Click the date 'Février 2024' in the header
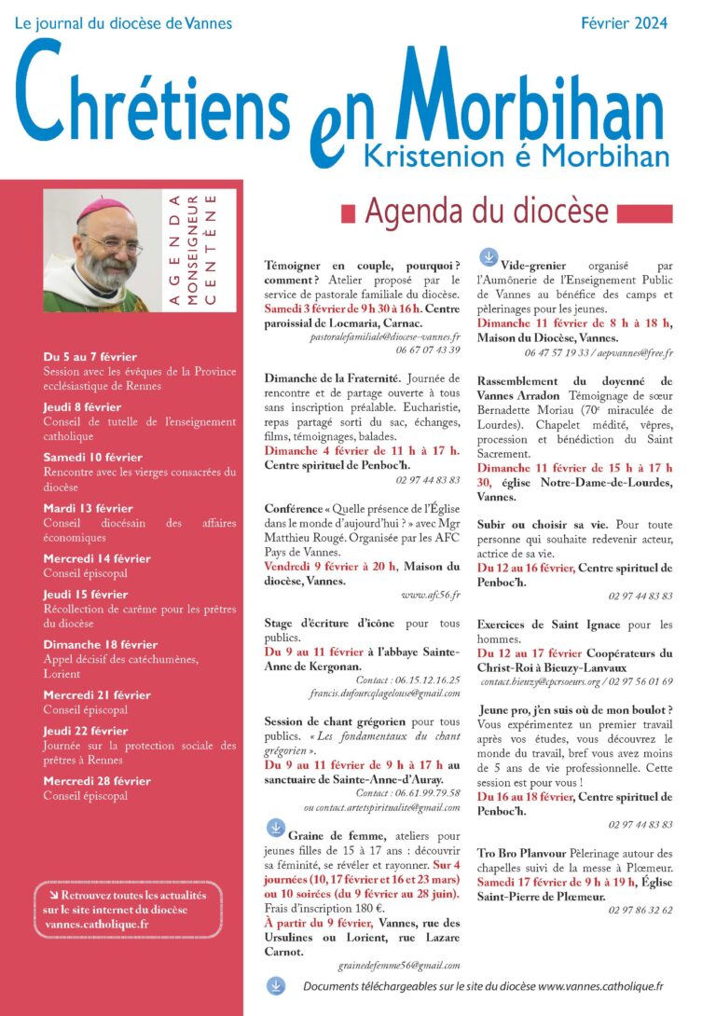(x=624, y=23)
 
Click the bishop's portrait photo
(x=96, y=251)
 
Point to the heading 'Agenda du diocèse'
(x=486, y=213)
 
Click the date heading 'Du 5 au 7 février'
(x=90, y=356)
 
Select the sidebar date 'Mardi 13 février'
(x=88, y=508)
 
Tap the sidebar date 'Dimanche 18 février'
(x=100, y=644)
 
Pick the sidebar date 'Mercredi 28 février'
(x=97, y=780)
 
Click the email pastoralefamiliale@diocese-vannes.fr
(x=385, y=336)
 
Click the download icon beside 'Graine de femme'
(x=276, y=827)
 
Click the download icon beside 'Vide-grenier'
(x=488, y=256)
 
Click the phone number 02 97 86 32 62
(x=640, y=910)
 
